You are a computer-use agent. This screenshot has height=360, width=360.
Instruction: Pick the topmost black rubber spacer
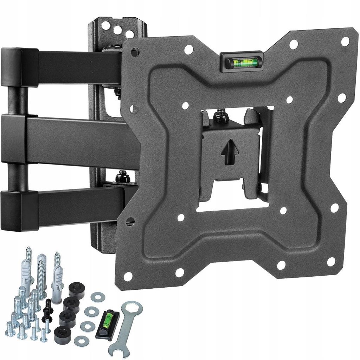point(77,291)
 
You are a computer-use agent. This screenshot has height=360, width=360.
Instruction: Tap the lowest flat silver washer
point(82,340)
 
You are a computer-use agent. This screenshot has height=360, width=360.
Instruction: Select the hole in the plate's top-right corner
point(345,41)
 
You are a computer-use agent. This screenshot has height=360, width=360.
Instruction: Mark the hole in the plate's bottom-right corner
point(331,261)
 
